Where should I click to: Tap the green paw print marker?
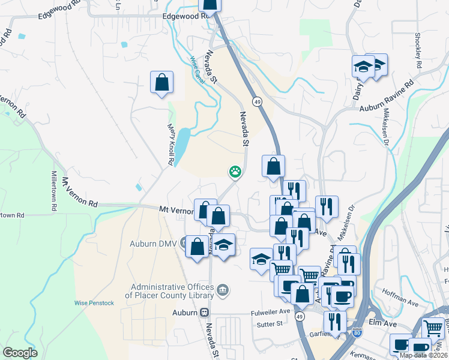(x=235, y=172)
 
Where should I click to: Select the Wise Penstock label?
(x=94, y=303)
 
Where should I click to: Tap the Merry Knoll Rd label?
(x=170, y=143)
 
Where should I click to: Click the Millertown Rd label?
(x=54, y=190)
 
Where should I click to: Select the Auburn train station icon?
(x=205, y=313)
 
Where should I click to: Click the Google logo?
(x=20, y=353)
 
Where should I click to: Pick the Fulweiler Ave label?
(x=270, y=311)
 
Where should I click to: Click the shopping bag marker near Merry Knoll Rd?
(x=162, y=83)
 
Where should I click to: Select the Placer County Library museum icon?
(x=223, y=291)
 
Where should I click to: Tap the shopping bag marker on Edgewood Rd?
(x=209, y=4)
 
